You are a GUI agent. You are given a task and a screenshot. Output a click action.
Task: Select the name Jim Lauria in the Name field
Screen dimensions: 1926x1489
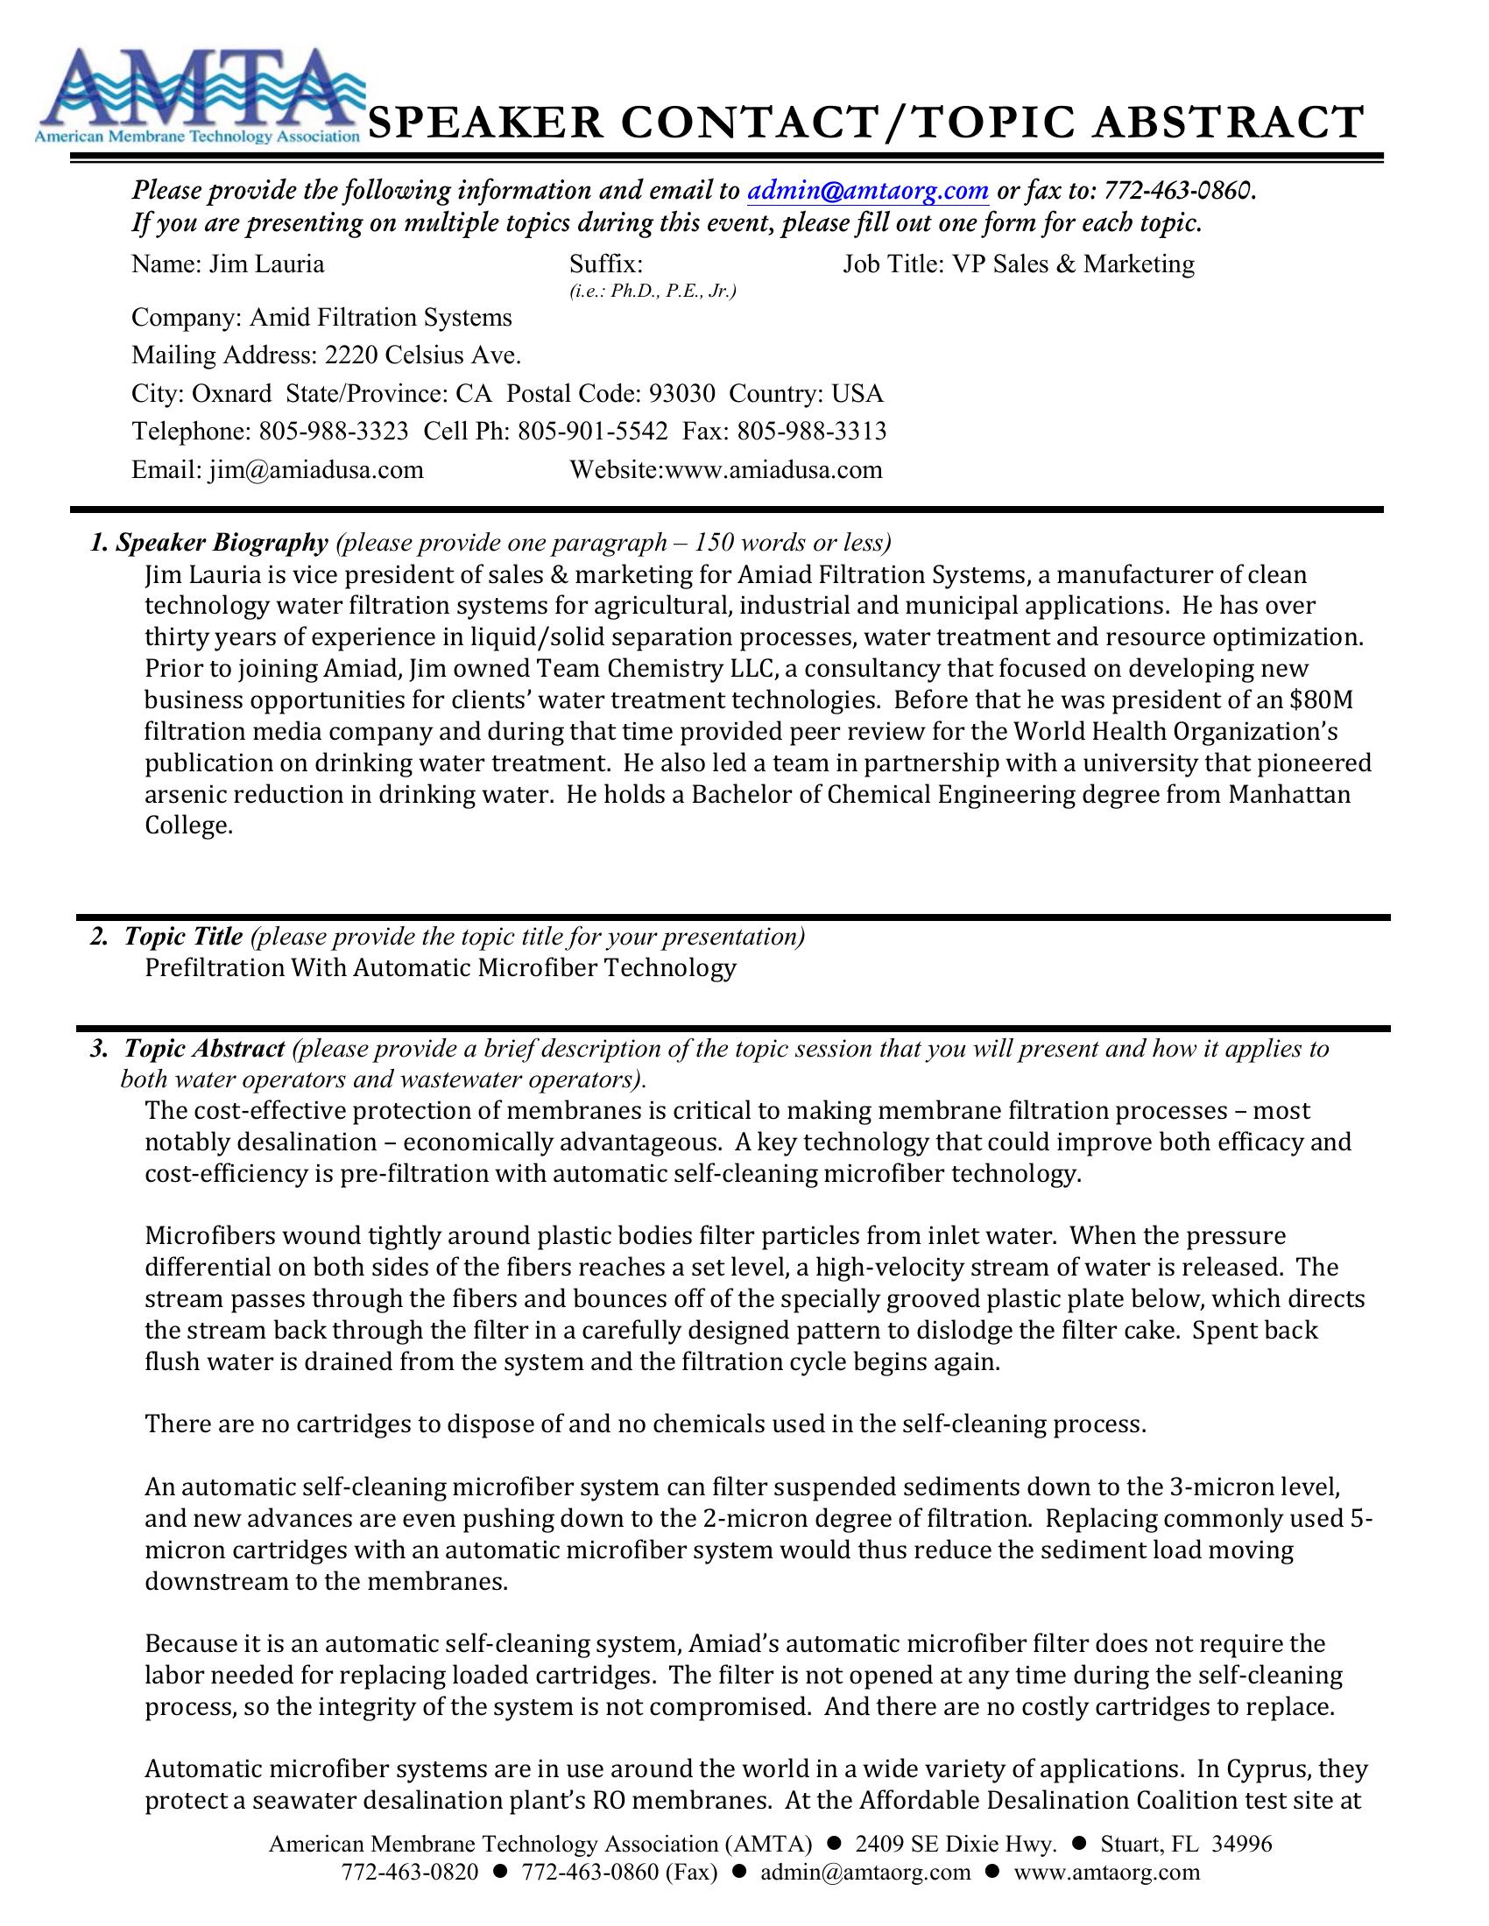click(x=266, y=264)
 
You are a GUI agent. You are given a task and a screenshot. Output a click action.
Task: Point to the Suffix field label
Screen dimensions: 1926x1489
click(x=605, y=264)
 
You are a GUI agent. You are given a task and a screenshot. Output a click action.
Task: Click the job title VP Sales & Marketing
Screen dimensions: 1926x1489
click(x=1073, y=264)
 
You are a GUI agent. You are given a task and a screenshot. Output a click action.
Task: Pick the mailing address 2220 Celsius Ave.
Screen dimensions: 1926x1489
click(x=422, y=355)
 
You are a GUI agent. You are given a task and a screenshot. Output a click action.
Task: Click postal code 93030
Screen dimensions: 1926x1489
click(x=681, y=393)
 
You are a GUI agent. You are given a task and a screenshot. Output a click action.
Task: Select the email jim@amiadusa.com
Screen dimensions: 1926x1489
click(x=316, y=469)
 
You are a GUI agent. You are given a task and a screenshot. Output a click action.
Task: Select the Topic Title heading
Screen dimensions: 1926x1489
click(x=182, y=937)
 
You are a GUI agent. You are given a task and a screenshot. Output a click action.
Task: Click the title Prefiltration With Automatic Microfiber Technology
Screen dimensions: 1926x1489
click(x=441, y=968)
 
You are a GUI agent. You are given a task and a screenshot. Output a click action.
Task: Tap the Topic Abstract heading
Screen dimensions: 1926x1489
click(x=204, y=1049)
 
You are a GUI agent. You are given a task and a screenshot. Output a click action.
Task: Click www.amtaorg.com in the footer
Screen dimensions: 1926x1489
click(x=1107, y=1873)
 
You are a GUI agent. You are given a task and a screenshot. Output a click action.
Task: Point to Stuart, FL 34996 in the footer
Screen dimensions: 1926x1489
click(x=1187, y=1844)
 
